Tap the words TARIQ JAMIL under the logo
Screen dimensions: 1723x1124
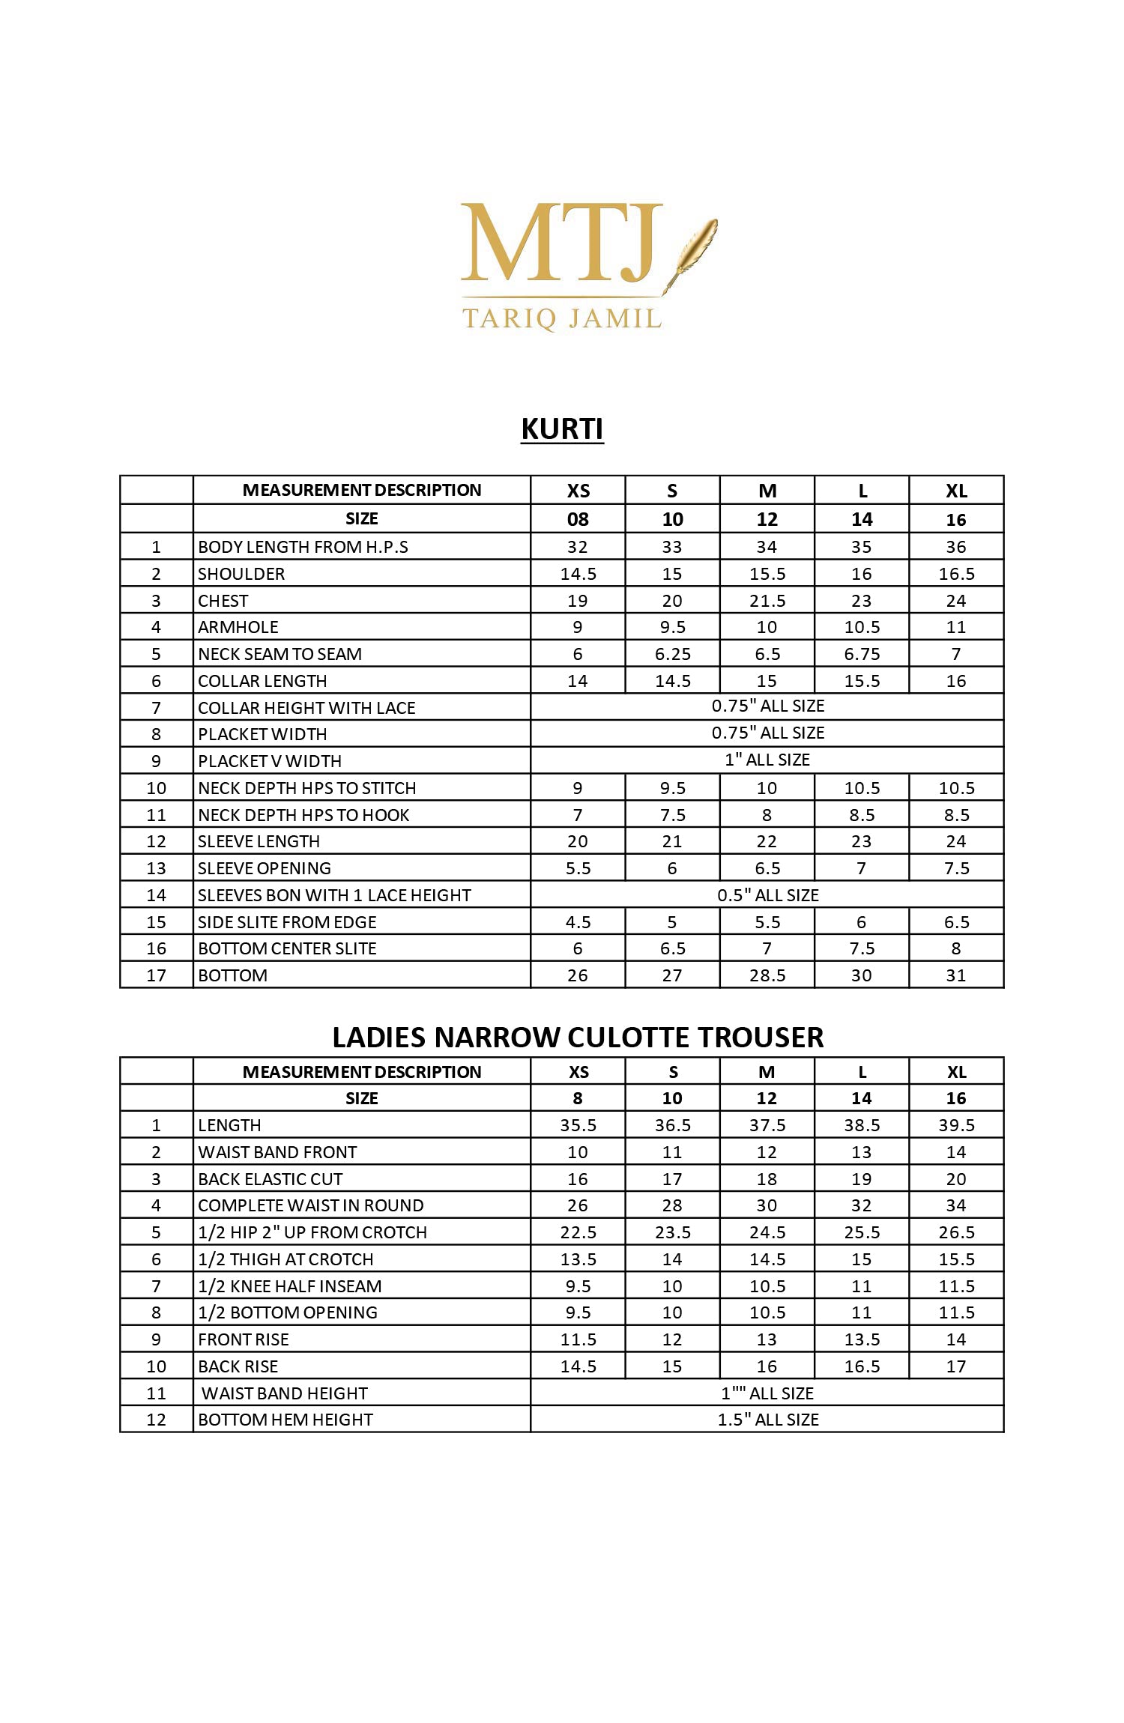[562, 318]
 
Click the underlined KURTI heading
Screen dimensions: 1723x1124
[562, 429]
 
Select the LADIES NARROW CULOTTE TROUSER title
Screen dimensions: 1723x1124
[578, 1037]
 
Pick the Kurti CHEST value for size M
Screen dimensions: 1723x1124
[767, 601]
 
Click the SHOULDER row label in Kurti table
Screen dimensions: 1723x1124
[241, 574]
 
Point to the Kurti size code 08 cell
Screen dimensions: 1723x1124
[578, 519]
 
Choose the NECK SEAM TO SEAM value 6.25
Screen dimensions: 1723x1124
[672, 654]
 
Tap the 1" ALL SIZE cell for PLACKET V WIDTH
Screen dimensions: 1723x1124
[767, 760]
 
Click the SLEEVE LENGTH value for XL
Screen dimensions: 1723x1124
[955, 841]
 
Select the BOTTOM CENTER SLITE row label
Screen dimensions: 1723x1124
[287, 948]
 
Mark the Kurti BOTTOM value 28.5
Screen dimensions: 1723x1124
[767, 975]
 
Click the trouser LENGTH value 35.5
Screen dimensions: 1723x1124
[578, 1125]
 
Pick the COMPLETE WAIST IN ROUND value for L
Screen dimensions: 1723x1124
[861, 1205]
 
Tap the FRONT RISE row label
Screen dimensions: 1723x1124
[243, 1339]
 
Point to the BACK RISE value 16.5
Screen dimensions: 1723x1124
[861, 1366]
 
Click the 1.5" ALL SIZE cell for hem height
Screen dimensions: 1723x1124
[767, 1420]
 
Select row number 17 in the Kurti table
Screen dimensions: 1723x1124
[156, 975]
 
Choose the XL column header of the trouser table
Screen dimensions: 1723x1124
[955, 1072]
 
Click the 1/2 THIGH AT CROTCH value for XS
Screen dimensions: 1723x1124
[578, 1259]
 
